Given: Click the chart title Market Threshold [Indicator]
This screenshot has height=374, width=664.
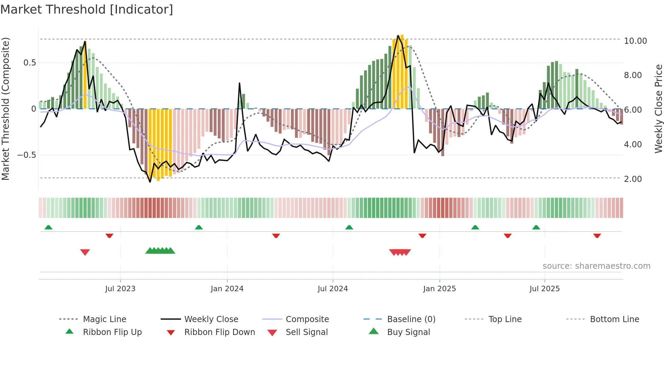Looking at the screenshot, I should [87, 10].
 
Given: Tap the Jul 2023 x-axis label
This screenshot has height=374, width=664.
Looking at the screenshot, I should [120, 289].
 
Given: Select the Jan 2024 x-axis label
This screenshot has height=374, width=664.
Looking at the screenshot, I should [227, 289].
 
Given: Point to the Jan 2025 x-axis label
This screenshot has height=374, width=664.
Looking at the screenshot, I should [439, 289].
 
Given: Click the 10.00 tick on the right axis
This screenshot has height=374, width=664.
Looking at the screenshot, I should [635, 41].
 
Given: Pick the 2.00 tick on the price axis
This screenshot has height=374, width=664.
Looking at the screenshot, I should [633, 179].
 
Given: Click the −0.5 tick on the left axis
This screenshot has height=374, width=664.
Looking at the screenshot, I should [27, 155].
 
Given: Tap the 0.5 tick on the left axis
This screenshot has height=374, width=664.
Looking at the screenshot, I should [30, 63].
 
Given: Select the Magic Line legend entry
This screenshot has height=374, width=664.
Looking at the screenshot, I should [104, 319].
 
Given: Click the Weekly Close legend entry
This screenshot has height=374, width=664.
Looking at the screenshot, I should [211, 319].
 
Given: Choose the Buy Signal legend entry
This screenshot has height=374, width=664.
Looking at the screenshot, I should [408, 332].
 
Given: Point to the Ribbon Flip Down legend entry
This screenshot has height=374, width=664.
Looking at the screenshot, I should [220, 332].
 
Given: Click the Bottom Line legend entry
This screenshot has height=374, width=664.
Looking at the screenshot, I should [614, 319].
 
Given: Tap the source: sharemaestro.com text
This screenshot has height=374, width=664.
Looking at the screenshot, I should [596, 266].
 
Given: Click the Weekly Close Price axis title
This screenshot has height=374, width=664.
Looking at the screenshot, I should [658, 109].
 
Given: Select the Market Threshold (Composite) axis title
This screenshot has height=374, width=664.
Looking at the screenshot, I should [5, 109].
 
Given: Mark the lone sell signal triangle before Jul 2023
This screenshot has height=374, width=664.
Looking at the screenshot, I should [85, 252].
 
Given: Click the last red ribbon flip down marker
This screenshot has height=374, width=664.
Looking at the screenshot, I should [597, 236].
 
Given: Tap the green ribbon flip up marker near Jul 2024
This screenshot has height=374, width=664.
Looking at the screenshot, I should [349, 227].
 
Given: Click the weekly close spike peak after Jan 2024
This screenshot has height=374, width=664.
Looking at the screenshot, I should [240, 83].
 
